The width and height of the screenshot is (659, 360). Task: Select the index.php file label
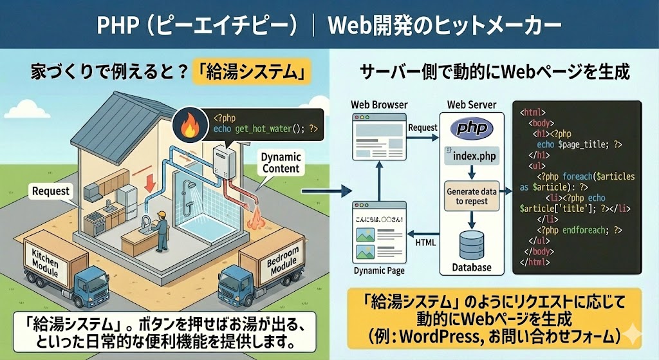(476, 156)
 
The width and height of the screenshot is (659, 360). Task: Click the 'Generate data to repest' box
(472, 196)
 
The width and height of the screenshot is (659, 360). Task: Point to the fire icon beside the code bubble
(190, 125)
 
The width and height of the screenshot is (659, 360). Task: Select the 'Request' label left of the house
(50, 191)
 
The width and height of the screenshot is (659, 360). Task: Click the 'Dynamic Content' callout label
(281, 162)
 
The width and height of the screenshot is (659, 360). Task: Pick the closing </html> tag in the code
(533, 262)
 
